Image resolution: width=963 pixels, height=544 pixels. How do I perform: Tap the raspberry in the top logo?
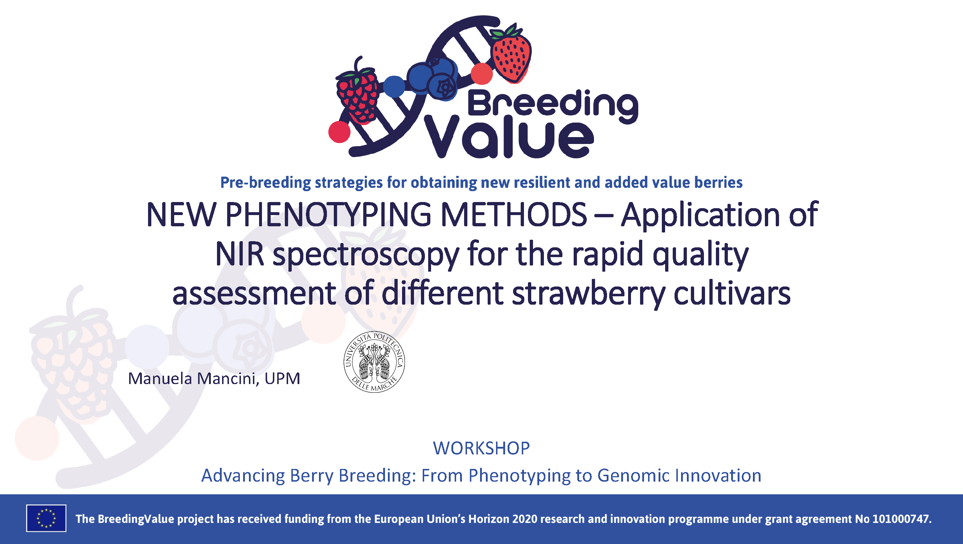coord(357,94)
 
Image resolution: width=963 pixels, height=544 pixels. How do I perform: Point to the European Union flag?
coord(46,518)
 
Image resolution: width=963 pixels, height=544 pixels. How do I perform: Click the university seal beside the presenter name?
coord(374,362)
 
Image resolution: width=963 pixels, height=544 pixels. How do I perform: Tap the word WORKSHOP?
coord(481,448)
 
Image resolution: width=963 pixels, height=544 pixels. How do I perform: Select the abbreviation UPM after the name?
coord(282,379)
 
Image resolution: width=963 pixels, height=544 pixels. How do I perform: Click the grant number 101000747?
coord(901,519)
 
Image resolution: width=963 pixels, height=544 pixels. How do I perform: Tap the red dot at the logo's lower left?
coord(339,132)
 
